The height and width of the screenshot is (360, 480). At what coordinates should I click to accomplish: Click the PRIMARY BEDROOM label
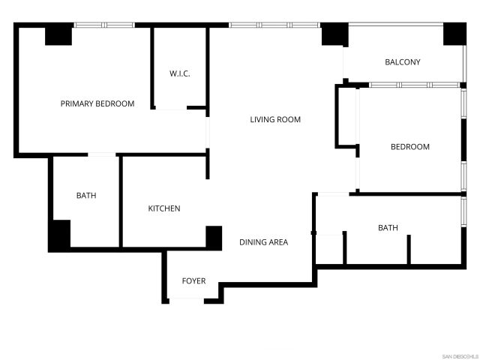pyautogui.click(x=97, y=103)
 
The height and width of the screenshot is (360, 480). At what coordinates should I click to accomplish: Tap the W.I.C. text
pyautogui.click(x=179, y=73)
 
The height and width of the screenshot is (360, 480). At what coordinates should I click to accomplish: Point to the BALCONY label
pyautogui.click(x=402, y=62)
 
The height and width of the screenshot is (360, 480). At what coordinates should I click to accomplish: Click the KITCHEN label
pyautogui.click(x=163, y=208)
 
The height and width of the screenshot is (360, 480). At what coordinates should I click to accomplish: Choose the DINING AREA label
pyautogui.click(x=263, y=242)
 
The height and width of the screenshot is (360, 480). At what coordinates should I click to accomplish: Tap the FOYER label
pyautogui.click(x=193, y=281)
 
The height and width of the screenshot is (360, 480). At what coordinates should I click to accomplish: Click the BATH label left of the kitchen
pyautogui.click(x=86, y=196)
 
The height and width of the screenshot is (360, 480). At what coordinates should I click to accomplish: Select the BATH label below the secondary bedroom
pyautogui.click(x=388, y=227)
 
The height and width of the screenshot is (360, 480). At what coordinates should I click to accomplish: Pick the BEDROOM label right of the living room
pyautogui.click(x=410, y=147)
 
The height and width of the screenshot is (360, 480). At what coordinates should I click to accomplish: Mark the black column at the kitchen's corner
pyautogui.click(x=214, y=237)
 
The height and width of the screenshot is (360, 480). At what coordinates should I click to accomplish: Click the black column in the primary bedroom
pyautogui.click(x=58, y=35)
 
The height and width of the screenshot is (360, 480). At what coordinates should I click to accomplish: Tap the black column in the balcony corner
pyautogui.click(x=454, y=34)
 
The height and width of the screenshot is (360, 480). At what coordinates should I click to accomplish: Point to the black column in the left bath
pyautogui.click(x=60, y=235)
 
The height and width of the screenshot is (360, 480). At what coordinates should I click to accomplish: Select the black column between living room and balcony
pyautogui.click(x=334, y=34)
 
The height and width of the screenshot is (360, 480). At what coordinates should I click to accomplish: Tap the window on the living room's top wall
pyautogui.click(x=274, y=25)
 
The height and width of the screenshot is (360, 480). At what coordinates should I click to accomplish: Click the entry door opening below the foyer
pyautogui.click(x=186, y=300)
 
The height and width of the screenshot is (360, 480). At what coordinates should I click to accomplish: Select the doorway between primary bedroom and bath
pyautogui.click(x=102, y=155)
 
